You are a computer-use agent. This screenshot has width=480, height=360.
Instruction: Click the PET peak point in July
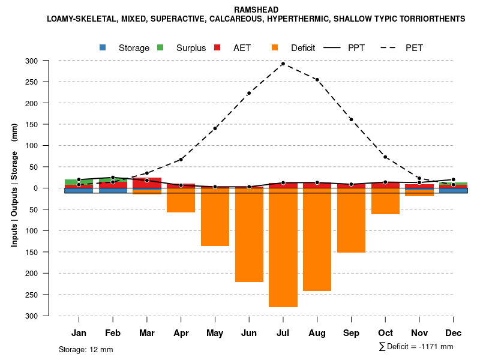click(x=283, y=64)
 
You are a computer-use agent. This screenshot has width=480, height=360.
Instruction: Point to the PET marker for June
click(x=249, y=94)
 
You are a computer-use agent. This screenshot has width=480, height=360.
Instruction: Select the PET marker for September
click(x=351, y=119)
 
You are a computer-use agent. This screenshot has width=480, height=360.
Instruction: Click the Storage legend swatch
click(x=103, y=47)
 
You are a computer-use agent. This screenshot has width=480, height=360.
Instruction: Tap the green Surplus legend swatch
click(x=160, y=47)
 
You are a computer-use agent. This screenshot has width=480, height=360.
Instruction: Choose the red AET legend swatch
click(x=217, y=47)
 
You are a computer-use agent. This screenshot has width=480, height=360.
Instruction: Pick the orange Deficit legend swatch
click(x=275, y=47)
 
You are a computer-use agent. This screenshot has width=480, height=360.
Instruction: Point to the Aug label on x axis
click(x=317, y=333)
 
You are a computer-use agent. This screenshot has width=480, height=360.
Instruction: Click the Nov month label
click(x=419, y=333)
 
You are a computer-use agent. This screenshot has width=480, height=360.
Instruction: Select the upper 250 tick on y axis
click(x=48, y=82)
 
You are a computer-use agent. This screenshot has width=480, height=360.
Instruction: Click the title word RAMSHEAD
click(x=256, y=10)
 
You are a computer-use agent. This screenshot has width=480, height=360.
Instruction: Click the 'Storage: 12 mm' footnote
click(x=86, y=349)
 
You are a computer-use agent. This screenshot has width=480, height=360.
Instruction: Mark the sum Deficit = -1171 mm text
click(x=416, y=346)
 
